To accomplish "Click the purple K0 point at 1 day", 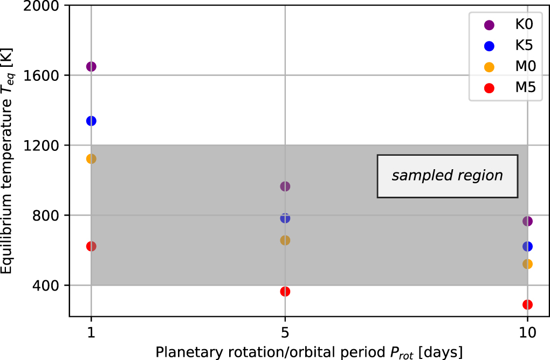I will [91, 66].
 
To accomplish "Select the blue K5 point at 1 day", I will [91, 121].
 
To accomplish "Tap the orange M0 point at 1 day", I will [91, 158].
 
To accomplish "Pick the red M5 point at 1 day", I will [91, 246].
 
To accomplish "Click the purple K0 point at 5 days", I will [285, 186].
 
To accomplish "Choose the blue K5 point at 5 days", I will [285, 218].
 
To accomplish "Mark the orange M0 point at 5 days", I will [285, 240].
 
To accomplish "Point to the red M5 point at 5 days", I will [285, 292].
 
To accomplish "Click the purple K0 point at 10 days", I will [527, 221].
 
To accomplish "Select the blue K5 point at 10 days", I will [527, 246].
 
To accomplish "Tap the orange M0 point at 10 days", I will [527, 264].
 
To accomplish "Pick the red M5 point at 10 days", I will [527, 304].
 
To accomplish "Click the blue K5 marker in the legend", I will [489, 46].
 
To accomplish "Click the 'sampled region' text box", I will [447, 176].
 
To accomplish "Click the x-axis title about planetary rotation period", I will [309, 352].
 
